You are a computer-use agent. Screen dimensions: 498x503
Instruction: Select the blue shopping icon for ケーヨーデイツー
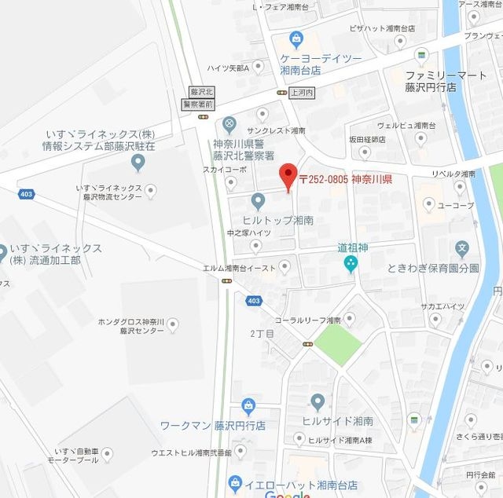pyautogui.click(x=296, y=38)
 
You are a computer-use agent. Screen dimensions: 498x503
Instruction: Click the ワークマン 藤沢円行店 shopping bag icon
pyautogui.click(x=248, y=405)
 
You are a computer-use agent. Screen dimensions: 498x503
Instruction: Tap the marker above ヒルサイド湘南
pyautogui.click(x=318, y=402)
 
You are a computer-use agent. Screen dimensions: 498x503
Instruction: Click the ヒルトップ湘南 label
pyautogui.click(x=277, y=221)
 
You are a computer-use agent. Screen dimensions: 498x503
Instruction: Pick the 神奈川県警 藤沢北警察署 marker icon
pyautogui.click(x=229, y=123)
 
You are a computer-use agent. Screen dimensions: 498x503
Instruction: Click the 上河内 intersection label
pyautogui.click(x=302, y=92)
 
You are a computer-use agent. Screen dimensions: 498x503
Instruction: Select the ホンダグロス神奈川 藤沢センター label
pyautogui.click(x=130, y=327)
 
